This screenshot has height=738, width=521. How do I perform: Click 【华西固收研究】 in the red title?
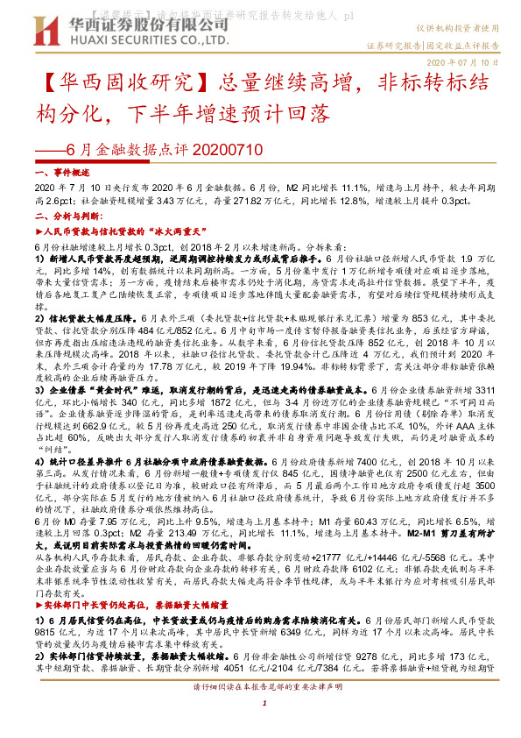115,85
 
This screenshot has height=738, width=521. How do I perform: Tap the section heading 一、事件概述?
60,174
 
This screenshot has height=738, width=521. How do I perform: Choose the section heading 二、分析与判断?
65,215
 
